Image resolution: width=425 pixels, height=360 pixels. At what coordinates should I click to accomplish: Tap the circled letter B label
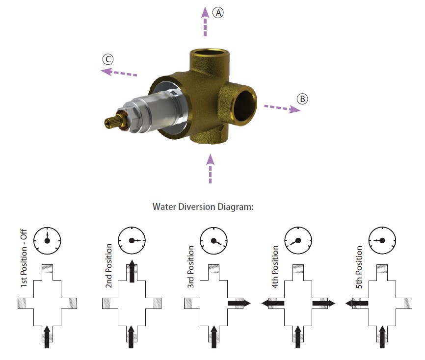point(302,99)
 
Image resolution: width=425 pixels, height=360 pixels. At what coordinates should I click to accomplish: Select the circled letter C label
point(108,60)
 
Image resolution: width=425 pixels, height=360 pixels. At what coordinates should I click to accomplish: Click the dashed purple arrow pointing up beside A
point(206,23)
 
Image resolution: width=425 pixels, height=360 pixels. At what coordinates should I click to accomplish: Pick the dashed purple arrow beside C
point(119,73)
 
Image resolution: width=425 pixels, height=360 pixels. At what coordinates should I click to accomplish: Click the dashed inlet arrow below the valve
point(211,168)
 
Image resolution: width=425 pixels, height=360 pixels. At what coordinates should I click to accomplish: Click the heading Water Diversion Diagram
point(203,206)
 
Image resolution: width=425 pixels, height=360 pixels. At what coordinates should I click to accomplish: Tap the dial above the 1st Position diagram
point(47,240)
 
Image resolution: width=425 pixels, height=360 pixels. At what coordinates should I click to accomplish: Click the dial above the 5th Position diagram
point(381,240)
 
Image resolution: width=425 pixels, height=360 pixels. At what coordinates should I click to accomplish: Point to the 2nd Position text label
point(109,266)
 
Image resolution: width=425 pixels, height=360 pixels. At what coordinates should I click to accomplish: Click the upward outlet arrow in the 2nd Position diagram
point(132,272)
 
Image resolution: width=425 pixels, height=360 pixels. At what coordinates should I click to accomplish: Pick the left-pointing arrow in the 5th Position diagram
point(357,304)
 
